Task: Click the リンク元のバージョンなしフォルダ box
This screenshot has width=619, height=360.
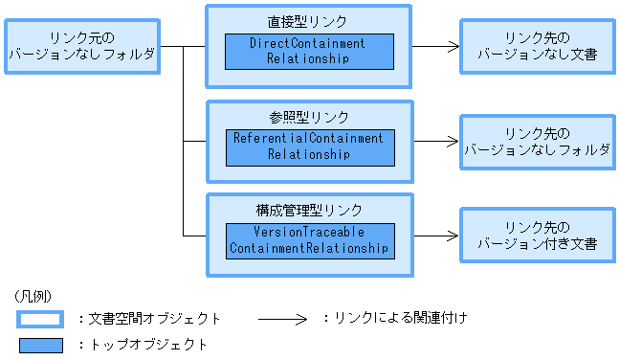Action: (x=81, y=45)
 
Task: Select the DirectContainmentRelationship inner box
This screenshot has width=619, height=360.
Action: (x=308, y=52)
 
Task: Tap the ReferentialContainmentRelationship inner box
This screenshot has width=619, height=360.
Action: (x=308, y=146)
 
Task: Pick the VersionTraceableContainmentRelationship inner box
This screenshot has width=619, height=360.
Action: (x=308, y=240)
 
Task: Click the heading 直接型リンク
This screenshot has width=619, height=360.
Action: (x=308, y=20)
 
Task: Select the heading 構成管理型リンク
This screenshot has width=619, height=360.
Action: (x=308, y=209)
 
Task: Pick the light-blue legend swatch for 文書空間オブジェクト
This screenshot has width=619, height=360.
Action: (x=39, y=318)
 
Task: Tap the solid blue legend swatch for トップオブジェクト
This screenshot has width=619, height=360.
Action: (x=39, y=344)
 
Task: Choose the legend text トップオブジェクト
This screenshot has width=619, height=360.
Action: (x=142, y=344)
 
